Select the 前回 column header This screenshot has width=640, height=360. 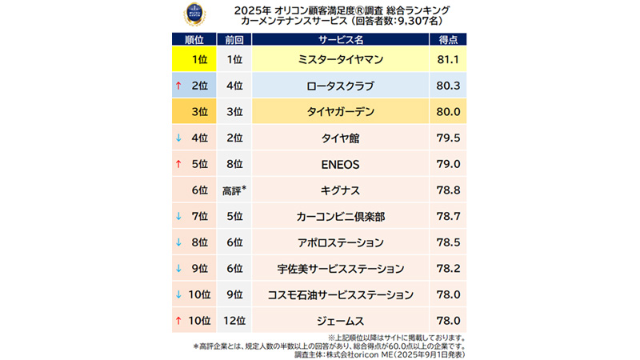tap(234, 39)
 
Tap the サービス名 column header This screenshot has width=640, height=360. tap(341, 39)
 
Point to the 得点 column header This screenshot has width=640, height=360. tap(448, 39)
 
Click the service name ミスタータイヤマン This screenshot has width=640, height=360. tap(341, 59)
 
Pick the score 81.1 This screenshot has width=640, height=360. tap(448, 59)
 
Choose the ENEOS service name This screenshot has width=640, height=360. tap(341, 164)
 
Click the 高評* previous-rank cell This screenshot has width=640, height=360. tap(234, 190)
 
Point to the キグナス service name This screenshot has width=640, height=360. tap(341, 190)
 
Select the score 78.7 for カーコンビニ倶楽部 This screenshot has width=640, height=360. tap(448, 216)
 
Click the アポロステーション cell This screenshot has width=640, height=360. tap(341, 242)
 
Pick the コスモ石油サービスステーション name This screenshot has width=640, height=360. tap(341, 294)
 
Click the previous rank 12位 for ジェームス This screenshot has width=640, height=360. tap(234, 321)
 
